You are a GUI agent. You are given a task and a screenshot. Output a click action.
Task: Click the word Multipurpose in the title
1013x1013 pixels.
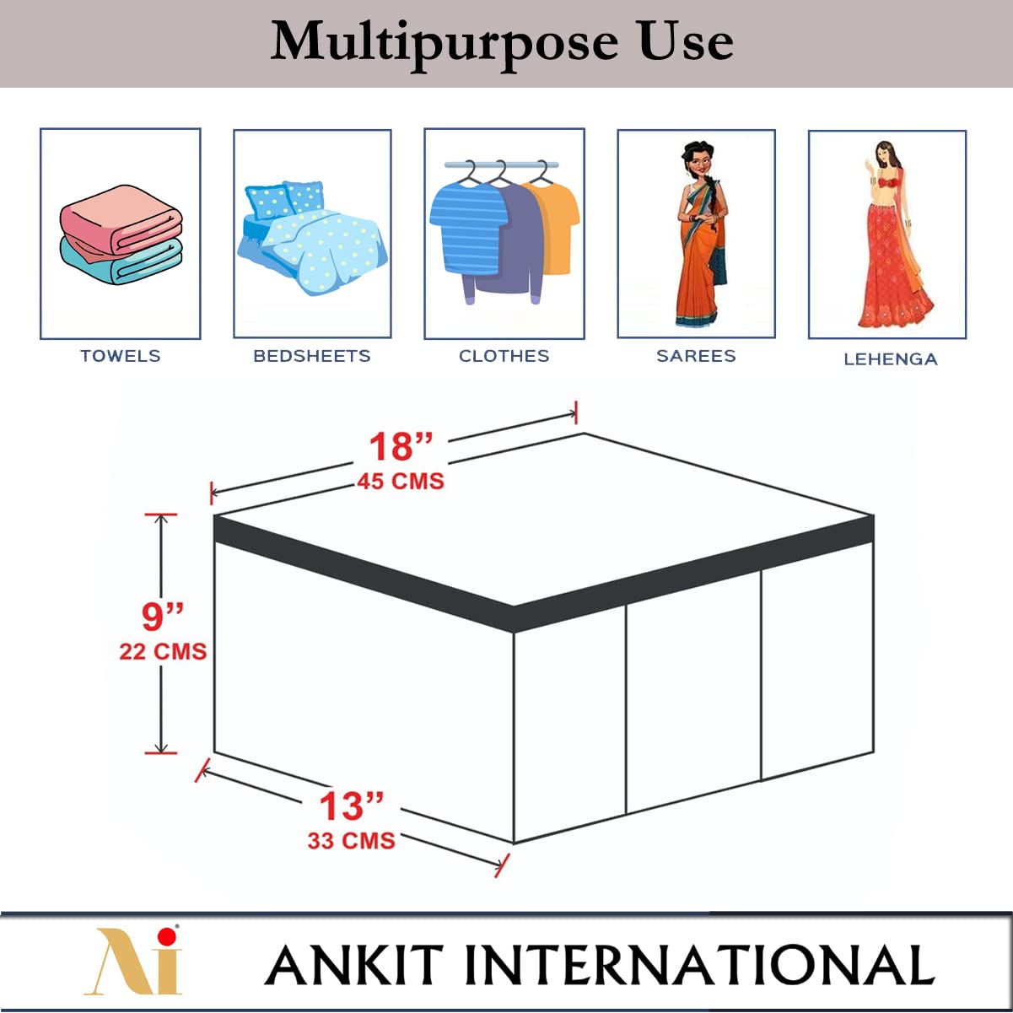(445, 46)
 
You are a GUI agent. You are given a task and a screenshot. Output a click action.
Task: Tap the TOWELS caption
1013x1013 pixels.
(121, 356)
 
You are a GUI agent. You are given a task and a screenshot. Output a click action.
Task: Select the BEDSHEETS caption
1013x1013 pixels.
(312, 356)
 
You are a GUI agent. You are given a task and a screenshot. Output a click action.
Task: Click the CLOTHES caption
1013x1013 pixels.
(504, 356)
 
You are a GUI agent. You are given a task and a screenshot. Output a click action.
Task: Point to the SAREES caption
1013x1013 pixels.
(696, 356)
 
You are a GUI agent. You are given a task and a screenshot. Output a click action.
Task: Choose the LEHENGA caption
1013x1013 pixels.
(891, 359)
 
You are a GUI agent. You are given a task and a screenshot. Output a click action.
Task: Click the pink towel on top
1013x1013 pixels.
(121, 218)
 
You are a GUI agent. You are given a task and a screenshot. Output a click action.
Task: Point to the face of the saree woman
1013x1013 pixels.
(698, 164)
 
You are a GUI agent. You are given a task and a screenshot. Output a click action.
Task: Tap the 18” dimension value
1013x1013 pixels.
(401, 447)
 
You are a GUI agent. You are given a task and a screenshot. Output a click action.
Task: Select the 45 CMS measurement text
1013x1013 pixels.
(401, 482)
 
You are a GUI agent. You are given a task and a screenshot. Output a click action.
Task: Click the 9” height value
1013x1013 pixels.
(163, 617)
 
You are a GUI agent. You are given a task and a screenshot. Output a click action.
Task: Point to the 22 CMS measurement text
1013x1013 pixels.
(163, 652)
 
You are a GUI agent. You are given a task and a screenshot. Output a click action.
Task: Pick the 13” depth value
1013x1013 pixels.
(352, 806)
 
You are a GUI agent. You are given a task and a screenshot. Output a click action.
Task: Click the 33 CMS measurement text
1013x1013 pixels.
(352, 841)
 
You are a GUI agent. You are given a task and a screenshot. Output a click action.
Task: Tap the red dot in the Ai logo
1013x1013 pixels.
(167, 935)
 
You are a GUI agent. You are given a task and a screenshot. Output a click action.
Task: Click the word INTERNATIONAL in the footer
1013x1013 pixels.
(700, 965)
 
